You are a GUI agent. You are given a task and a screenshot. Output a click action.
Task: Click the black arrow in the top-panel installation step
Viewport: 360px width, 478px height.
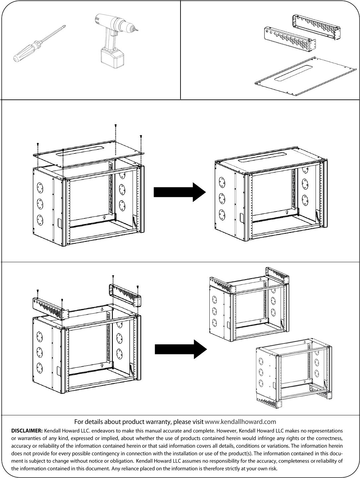(180, 192)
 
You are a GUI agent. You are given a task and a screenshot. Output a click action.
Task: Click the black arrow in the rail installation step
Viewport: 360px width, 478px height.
(181, 349)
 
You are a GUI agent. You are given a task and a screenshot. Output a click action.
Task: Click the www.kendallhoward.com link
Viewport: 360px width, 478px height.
(241, 422)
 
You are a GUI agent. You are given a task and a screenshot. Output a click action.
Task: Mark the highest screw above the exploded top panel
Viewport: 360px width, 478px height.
(115, 125)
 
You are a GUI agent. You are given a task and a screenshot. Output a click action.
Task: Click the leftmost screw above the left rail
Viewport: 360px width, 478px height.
(38, 291)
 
